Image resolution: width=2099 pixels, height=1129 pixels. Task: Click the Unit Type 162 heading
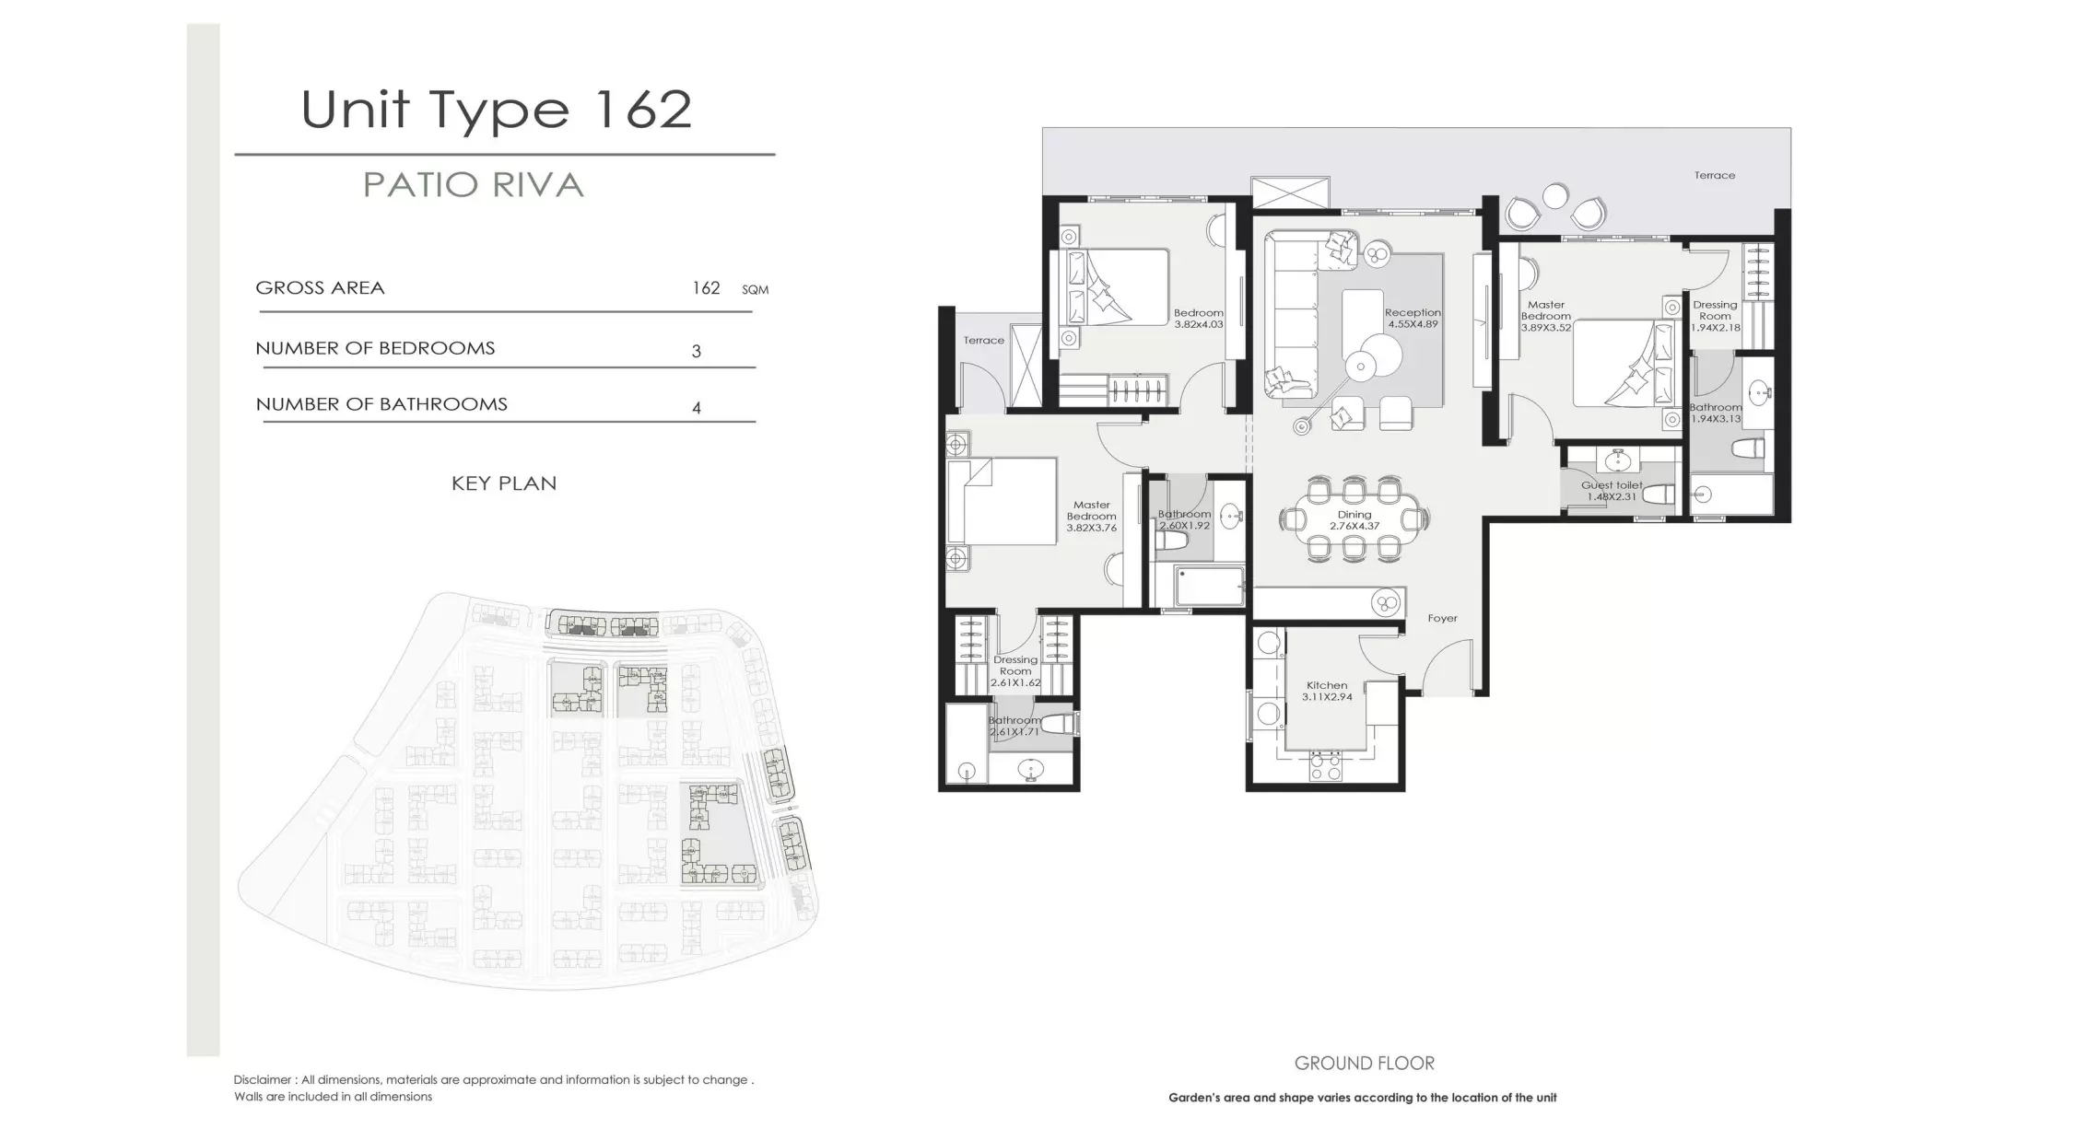[x=496, y=111]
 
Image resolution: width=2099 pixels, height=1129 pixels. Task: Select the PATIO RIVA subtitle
[x=474, y=185]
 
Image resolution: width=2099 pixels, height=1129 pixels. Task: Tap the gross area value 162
[x=706, y=288]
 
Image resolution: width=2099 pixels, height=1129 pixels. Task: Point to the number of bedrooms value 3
[x=697, y=351]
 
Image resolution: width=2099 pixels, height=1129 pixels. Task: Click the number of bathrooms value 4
[x=697, y=407]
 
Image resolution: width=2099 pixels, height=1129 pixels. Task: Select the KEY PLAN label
[x=504, y=483]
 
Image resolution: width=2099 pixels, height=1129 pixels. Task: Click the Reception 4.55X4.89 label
[x=1413, y=319]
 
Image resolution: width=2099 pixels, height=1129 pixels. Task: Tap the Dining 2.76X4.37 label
[x=1354, y=520]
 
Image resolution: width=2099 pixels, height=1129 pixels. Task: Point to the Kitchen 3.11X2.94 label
[x=1327, y=691]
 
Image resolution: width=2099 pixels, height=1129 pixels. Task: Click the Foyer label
[x=1443, y=619]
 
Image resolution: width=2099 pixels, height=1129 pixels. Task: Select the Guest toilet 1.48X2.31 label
[x=1612, y=491]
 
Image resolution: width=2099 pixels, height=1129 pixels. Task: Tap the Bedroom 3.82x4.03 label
[x=1198, y=319]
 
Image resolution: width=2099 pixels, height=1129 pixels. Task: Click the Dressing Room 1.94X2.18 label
[x=1715, y=316]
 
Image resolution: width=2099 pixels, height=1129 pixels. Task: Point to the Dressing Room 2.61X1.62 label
[x=1015, y=671]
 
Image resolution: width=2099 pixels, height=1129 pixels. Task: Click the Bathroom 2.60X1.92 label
[x=1184, y=519]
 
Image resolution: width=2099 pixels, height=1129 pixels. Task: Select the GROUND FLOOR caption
[x=1364, y=1064]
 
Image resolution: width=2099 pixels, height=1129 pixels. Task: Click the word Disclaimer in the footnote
[x=263, y=1079]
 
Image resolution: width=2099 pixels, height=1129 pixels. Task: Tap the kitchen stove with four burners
[x=1325, y=766]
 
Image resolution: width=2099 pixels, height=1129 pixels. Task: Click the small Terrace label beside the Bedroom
[x=983, y=341]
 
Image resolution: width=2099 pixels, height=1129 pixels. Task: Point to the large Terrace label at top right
[x=1714, y=175]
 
